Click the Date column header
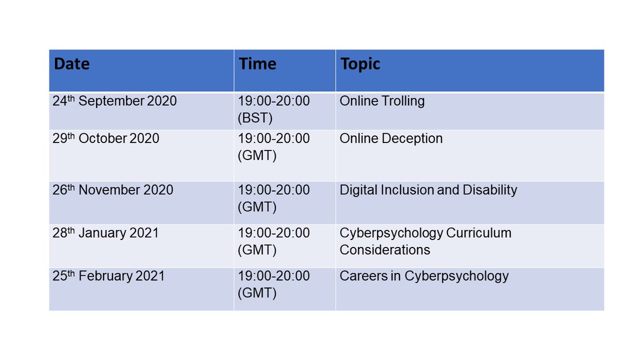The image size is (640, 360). coord(72,65)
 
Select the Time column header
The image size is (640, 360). coord(257,65)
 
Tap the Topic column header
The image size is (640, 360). coord(360,65)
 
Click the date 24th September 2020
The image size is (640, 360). coord(114,101)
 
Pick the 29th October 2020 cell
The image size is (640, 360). coord(106,139)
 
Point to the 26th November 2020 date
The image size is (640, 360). coord(113,190)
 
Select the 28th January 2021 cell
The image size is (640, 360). coord(105,233)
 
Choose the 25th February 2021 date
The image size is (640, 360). coord(108,276)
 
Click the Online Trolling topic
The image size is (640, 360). coord(382,101)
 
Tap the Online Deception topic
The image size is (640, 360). coord(391,139)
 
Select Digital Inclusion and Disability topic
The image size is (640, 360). coord(428,190)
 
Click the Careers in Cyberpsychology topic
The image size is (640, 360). coord(424,276)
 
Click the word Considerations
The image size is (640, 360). coord(385,250)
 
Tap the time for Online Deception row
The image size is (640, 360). coord(274,139)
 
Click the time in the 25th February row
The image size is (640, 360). coord(274,276)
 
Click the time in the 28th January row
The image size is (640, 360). coord(274,233)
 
